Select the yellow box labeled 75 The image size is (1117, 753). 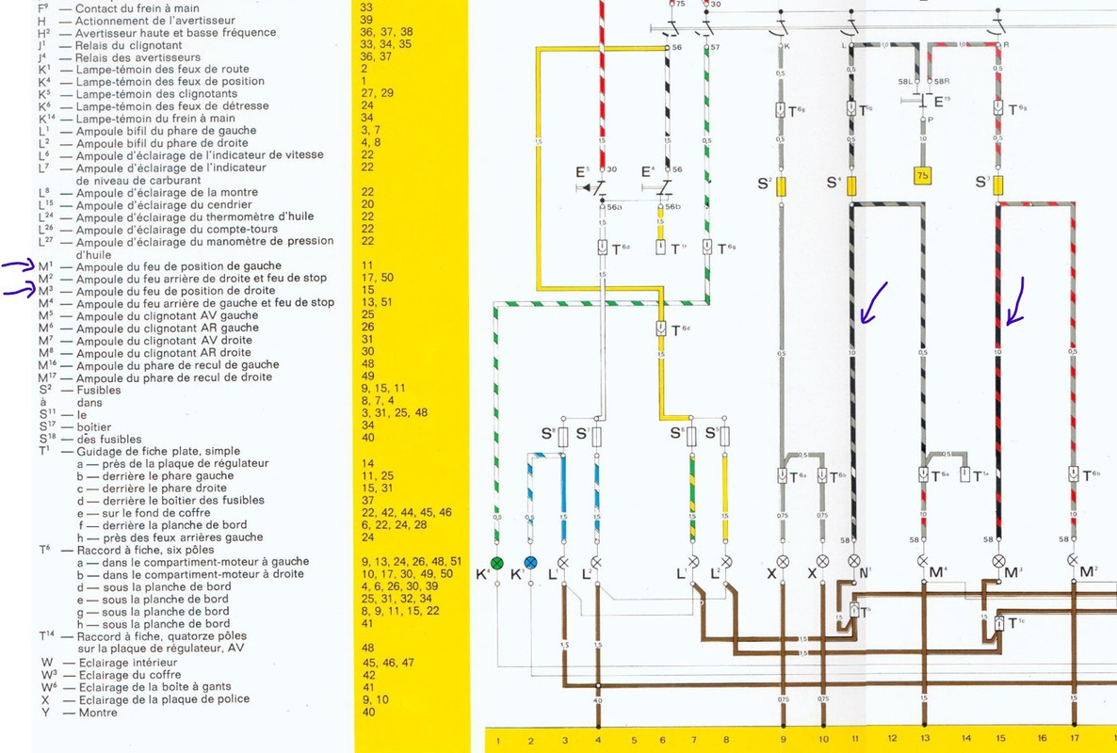922,176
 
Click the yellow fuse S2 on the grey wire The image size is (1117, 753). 781,185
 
